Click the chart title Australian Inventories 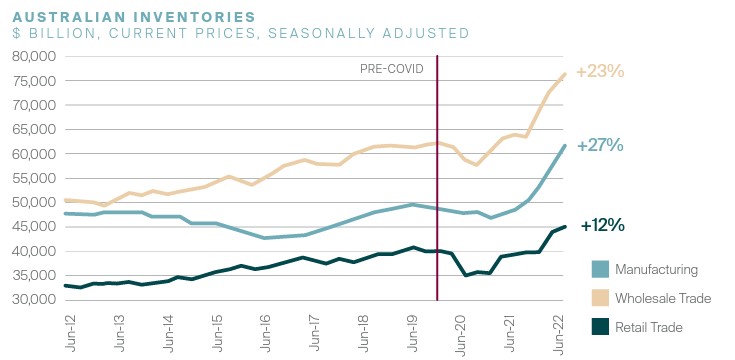(x=134, y=16)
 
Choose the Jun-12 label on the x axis (x=70, y=330)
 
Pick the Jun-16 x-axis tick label (x=265, y=330)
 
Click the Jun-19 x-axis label (x=412, y=330)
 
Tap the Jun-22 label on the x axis (x=558, y=330)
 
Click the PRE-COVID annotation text (x=391, y=69)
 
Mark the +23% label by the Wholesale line (x=600, y=72)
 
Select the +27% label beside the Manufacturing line (x=600, y=146)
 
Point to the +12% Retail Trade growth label (x=602, y=225)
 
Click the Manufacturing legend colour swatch (x=600, y=269)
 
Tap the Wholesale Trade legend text (x=663, y=298)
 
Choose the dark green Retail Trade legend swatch (x=600, y=327)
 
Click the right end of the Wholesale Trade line (x=565, y=74)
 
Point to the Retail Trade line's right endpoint (x=565, y=227)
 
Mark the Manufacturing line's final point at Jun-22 (x=565, y=146)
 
